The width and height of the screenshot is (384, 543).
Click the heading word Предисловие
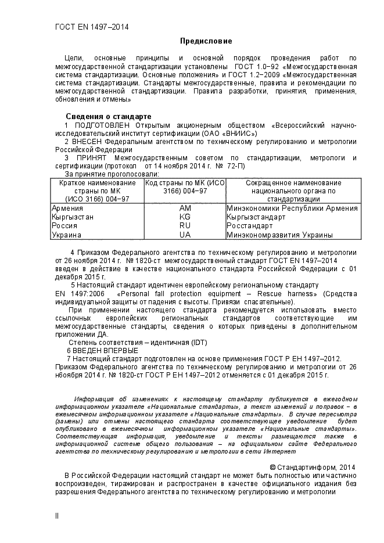point(206,41)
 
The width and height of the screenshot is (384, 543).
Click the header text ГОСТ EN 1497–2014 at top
point(91,27)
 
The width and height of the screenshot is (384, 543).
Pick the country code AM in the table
point(185,208)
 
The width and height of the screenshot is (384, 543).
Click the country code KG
point(185,217)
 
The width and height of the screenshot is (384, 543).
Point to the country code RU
point(185,225)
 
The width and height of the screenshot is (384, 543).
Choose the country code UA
point(185,235)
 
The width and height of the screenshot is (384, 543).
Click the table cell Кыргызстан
point(73,217)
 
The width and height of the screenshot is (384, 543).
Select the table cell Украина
point(66,235)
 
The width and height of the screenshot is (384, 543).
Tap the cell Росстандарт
point(249,225)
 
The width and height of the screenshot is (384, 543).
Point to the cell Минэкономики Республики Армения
point(292,208)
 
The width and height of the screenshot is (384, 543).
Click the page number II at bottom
point(57,515)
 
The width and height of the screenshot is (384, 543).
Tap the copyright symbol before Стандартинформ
point(273,468)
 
